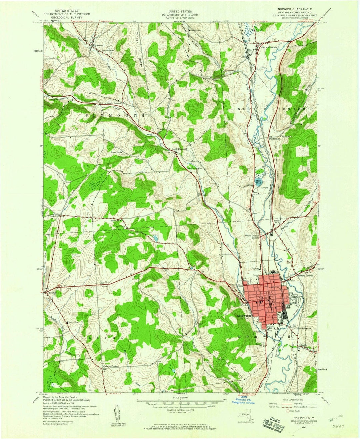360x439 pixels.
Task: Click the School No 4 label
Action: (197, 30)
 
